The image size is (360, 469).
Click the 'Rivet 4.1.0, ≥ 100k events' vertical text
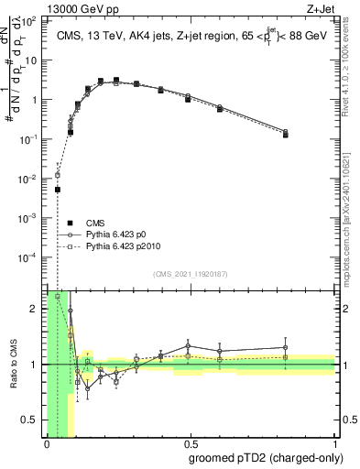(350, 64)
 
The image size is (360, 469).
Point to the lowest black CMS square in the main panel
(58, 190)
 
